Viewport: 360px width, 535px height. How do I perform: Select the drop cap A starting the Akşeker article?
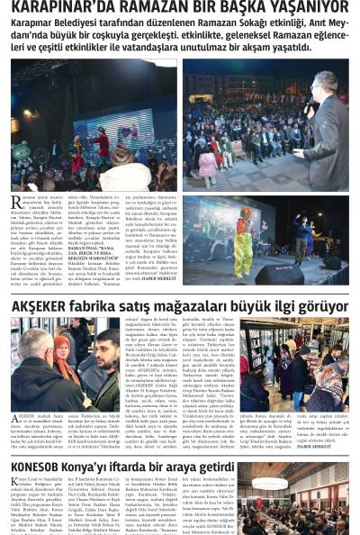pos(17,420)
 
